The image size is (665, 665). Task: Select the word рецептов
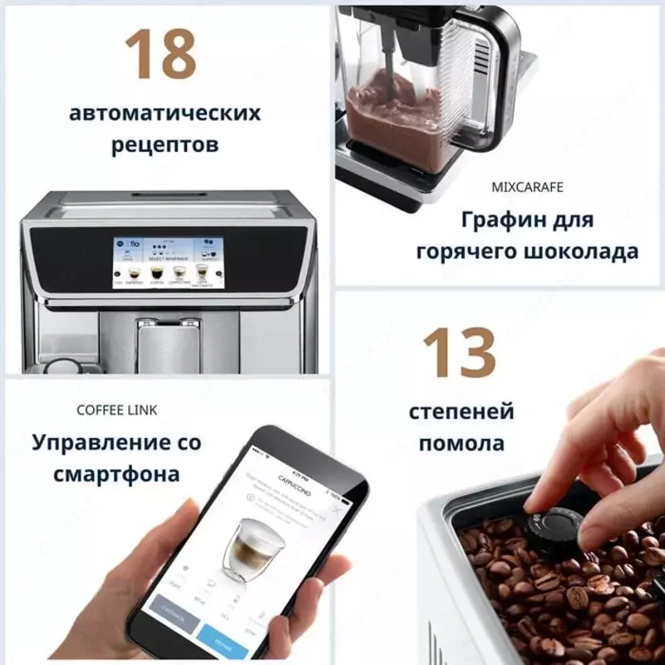(x=165, y=145)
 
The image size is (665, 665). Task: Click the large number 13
(x=459, y=353)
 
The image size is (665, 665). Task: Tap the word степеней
(x=461, y=411)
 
